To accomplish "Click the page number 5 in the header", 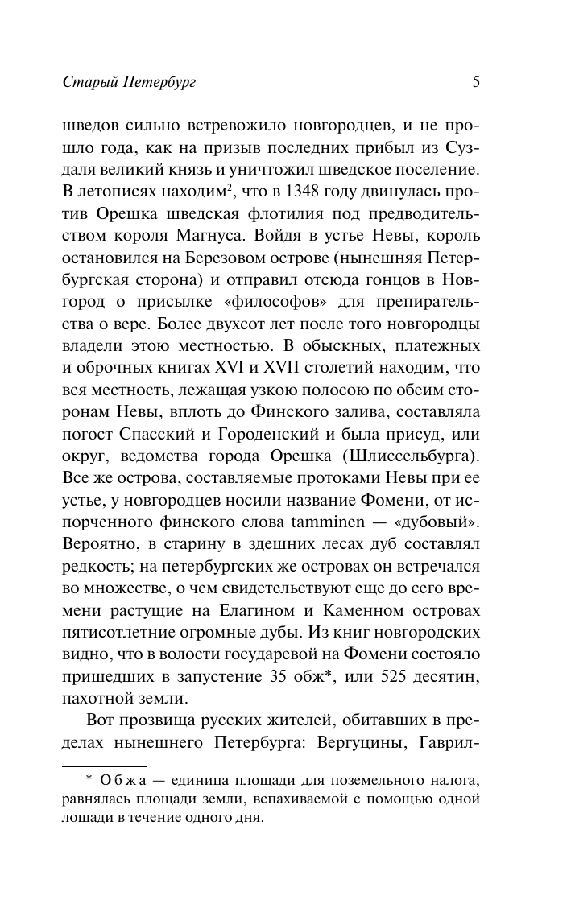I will [476, 81].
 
